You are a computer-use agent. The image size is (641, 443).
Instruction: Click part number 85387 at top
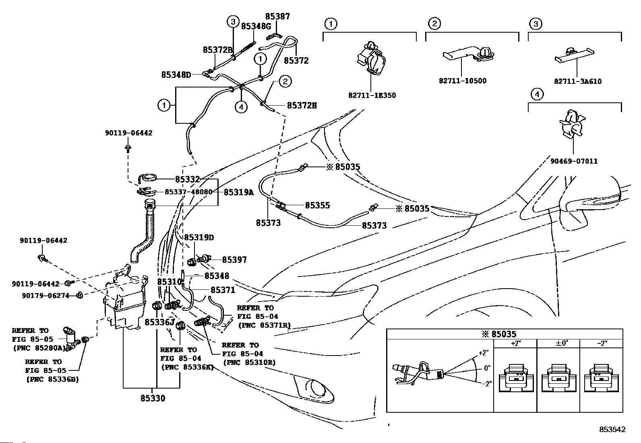pyautogui.click(x=277, y=17)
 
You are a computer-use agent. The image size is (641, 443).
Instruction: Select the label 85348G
pyautogui.click(x=256, y=26)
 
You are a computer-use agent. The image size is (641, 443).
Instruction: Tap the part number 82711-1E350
pyautogui.click(x=372, y=96)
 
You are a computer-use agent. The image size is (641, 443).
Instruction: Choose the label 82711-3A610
pyautogui.click(x=577, y=81)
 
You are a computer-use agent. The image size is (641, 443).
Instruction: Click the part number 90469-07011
pyautogui.click(x=574, y=161)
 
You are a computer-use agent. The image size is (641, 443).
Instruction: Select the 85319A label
pyautogui.click(x=238, y=192)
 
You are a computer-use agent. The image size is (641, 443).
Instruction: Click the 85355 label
pyautogui.click(x=317, y=205)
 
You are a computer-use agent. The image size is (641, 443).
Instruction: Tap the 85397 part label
pyautogui.click(x=234, y=260)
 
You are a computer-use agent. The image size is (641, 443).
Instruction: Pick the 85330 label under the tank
pyautogui.click(x=153, y=398)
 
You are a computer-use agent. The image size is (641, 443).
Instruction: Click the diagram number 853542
pyautogui.click(x=612, y=430)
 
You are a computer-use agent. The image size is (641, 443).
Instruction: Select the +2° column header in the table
pyautogui.click(x=515, y=343)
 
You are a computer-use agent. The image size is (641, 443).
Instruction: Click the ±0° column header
pyautogui.click(x=558, y=343)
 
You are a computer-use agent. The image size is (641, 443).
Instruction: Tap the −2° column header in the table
pyautogui.click(x=602, y=343)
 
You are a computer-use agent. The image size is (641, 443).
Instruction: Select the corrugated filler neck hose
pyautogui.click(x=145, y=234)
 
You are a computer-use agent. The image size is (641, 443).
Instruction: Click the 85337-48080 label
pyautogui.click(x=188, y=192)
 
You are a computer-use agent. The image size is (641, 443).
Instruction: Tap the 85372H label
pyautogui.click(x=302, y=106)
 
